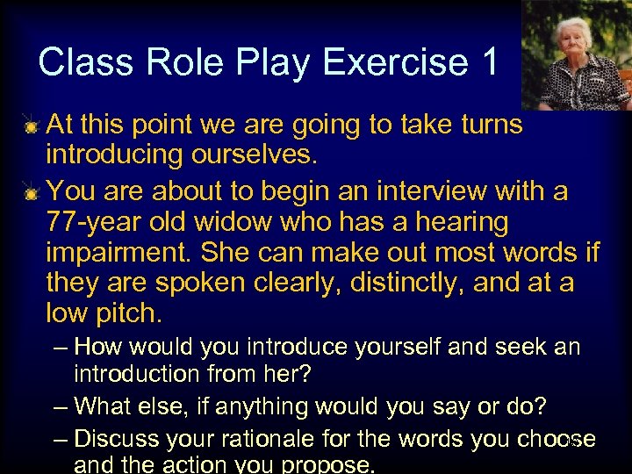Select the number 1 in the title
point(489,62)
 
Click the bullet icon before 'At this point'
point(31,127)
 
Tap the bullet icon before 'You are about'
point(31,192)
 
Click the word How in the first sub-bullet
point(98,348)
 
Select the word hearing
point(456,223)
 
